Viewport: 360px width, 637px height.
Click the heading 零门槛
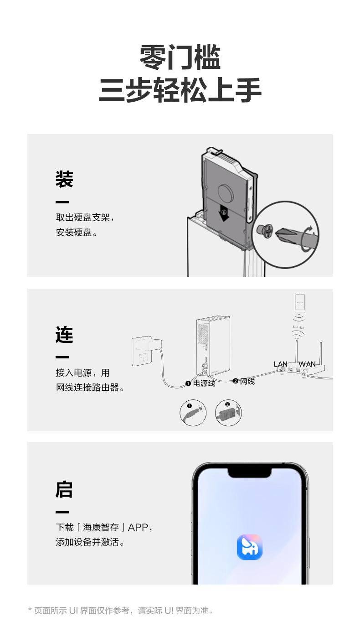tap(180, 57)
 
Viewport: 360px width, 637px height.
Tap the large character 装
tap(64, 179)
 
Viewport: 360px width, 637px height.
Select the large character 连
tap(64, 334)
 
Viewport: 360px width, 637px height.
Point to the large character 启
tap(64, 489)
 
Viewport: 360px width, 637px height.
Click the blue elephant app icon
tap(250, 547)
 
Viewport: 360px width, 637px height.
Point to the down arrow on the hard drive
tap(223, 213)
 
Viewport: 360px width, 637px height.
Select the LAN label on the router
tap(280, 364)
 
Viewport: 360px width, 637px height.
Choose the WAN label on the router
tap(307, 364)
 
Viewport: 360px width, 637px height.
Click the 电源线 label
tap(204, 383)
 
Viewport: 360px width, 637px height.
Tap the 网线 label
tap(247, 381)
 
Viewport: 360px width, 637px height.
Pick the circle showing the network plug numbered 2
tap(228, 413)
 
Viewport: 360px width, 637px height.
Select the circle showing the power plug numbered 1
tap(193, 413)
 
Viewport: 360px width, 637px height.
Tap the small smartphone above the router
tap(299, 303)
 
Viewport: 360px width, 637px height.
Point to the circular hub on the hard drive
tap(226, 192)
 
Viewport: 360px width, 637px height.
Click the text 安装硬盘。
tap(77, 233)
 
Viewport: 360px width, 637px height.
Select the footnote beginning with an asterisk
tap(121, 610)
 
